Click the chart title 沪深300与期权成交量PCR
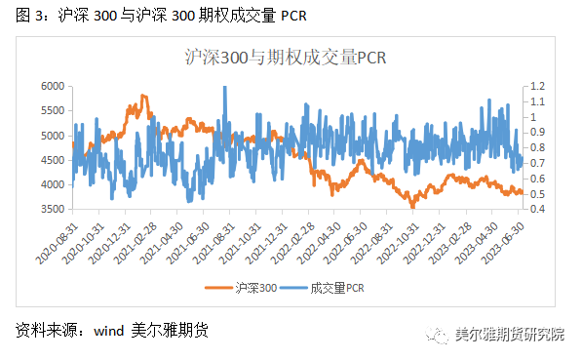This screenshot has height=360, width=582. tap(286, 58)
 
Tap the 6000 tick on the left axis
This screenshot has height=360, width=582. tap(52, 87)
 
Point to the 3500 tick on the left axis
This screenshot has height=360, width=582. tap(52, 210)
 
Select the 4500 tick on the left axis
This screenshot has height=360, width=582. tap(52, 161)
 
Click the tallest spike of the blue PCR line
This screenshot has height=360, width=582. tap(225, 87)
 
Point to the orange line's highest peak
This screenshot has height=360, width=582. tap(143, 96)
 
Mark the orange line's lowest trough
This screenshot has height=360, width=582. tap(412, 206)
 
